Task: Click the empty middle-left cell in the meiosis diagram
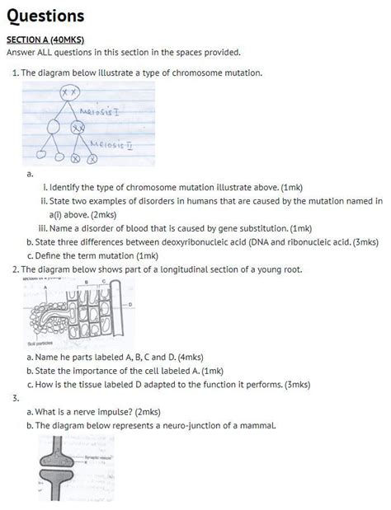[54, 128]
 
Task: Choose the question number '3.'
[16, 398]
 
